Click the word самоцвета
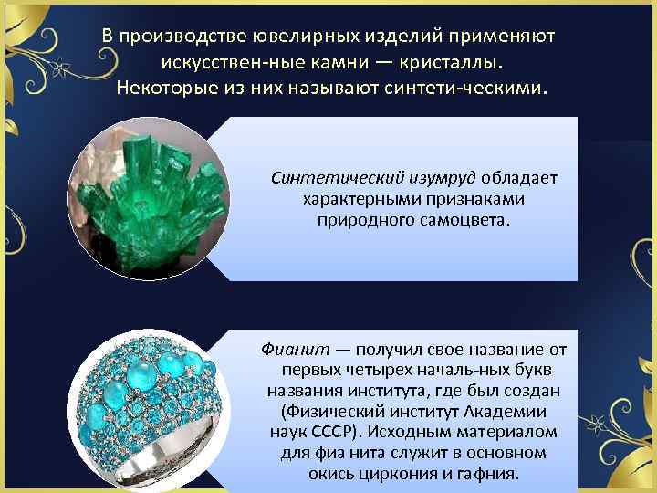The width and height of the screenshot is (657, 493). click(x=467, y=219)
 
